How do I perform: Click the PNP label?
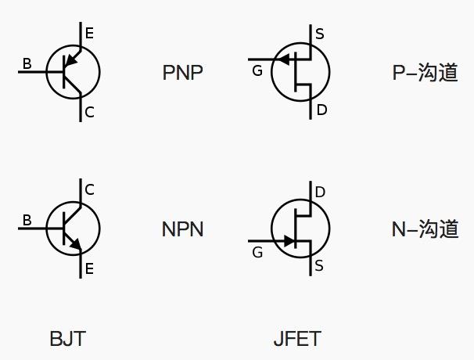point(183,73)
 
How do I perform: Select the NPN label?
point(183,229)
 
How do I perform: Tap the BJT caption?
point(67,339)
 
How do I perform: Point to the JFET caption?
point(297,339)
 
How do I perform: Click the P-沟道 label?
point(425,73)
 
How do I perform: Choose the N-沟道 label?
point(425,229)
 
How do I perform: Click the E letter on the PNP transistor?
point(89,33)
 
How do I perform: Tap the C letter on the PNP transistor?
point(89,113)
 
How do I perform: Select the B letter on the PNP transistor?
point(27,64)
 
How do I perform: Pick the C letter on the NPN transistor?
point(89,189)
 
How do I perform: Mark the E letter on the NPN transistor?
point(89,269)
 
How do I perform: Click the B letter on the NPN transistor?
point(27,221)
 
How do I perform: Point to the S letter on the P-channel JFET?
point(319,34)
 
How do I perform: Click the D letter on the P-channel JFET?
point(321,110)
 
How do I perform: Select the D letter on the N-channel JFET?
point(320,193)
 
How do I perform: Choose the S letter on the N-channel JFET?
point(319,267)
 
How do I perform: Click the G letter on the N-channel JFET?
point(257,252)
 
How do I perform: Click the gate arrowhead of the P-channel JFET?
point(284,59)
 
